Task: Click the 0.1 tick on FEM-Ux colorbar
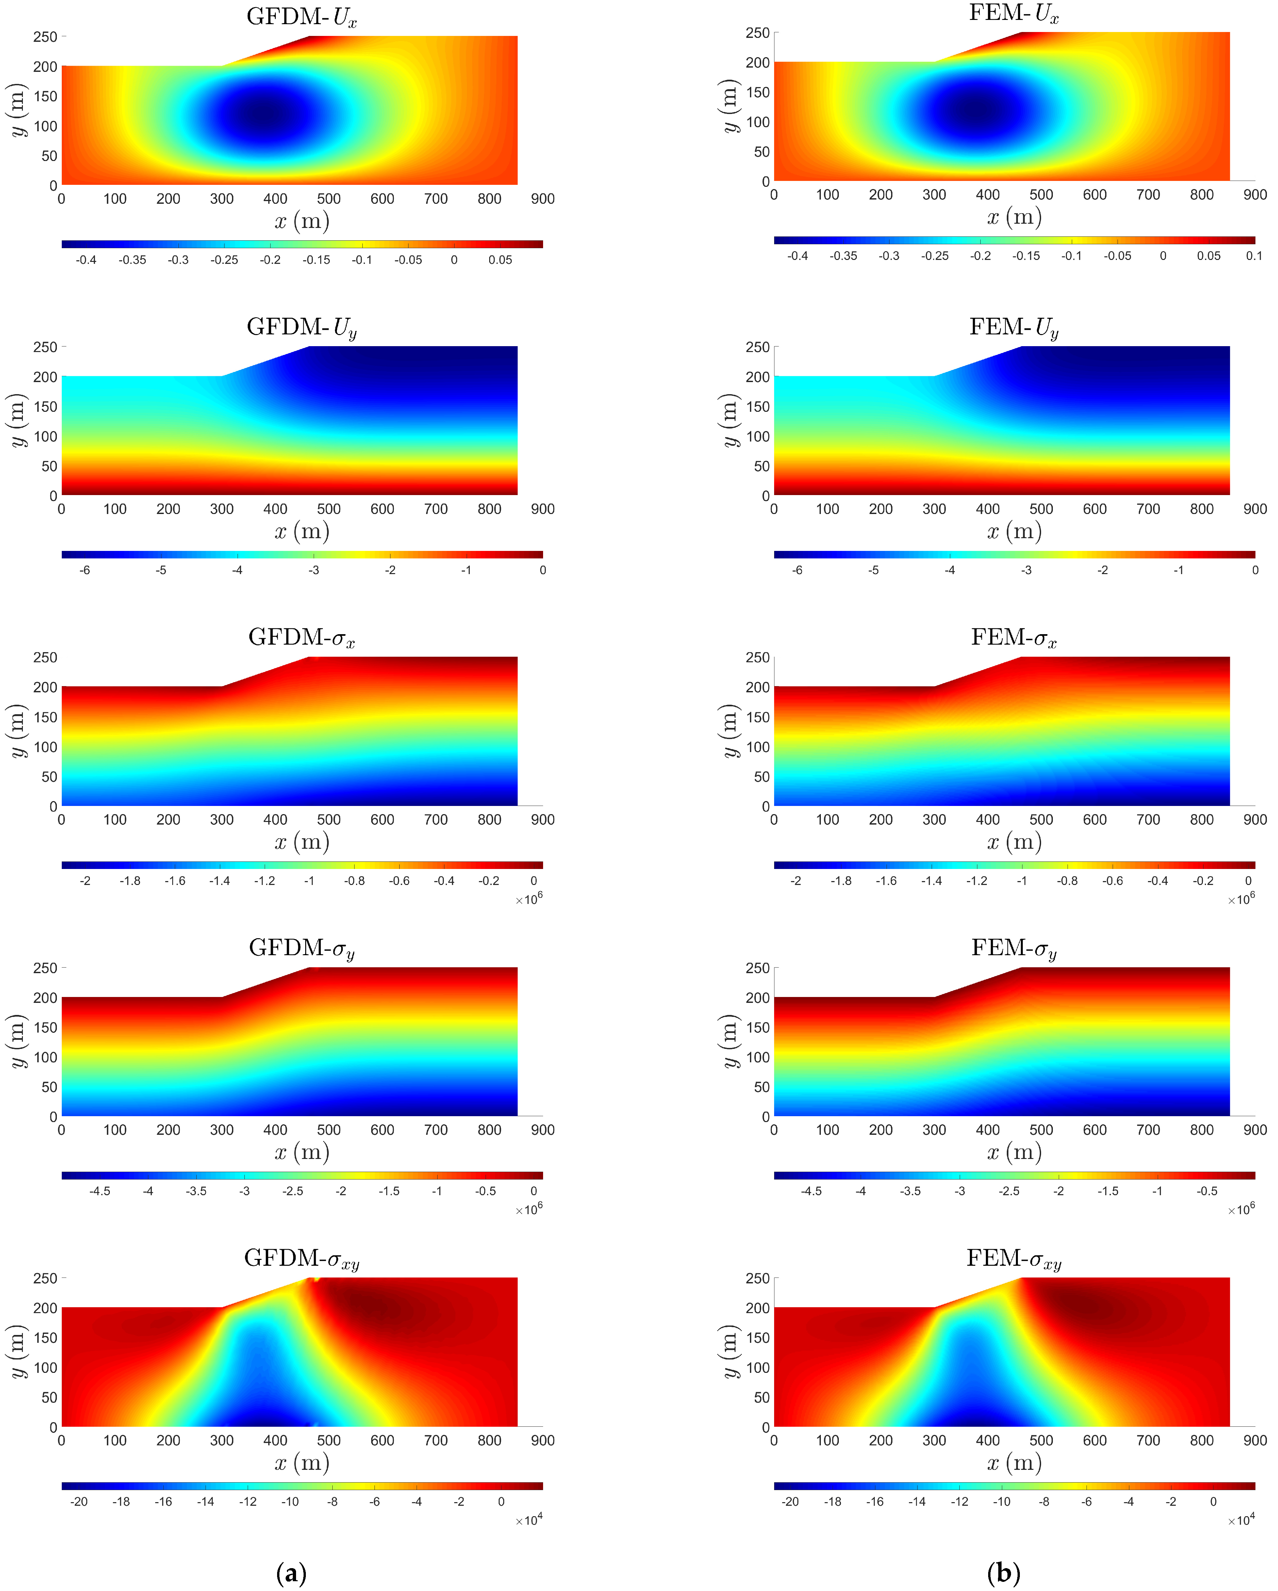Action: click(x=1253, y=256)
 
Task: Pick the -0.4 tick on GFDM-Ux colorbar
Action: click(x=86, y=260)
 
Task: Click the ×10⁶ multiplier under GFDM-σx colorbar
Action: click(x=529, y=900)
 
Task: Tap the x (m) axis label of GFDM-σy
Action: click(x=301, y=1152)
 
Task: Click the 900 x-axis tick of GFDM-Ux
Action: click(x=543, y=199)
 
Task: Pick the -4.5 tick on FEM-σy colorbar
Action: click(x=811, y=1191)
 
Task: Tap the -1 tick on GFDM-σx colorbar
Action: click(x=309, y=881)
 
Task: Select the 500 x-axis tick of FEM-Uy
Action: click(x=1041, y=509)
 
